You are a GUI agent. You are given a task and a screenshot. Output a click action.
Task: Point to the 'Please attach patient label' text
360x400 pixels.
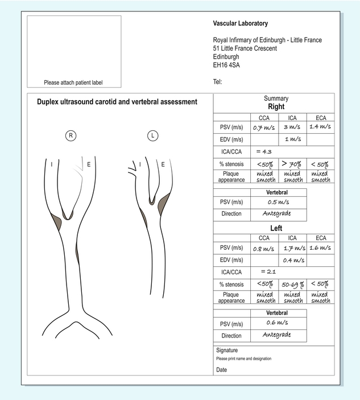coord(73,83)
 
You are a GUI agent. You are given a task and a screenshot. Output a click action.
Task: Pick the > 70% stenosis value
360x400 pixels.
coord(292,164)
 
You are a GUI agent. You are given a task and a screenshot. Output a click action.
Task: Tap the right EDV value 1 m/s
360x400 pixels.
coord(292,139)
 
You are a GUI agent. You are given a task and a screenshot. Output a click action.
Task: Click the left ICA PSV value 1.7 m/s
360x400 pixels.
coord(292,248)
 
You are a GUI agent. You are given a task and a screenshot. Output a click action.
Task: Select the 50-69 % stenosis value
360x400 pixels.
coord(292,284)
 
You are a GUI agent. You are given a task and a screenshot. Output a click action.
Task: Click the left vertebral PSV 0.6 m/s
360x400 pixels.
coord(277,323)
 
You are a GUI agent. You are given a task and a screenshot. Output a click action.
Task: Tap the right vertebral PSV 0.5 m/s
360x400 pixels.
coord(277,201)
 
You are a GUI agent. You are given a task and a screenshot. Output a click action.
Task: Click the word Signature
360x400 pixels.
coord(227,350)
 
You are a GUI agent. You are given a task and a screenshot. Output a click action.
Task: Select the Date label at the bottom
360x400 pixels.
coord(221,370)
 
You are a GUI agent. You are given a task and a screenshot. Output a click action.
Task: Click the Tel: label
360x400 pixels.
coord(217,81)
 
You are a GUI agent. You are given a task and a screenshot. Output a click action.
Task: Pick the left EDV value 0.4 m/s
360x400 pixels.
coord(292,261)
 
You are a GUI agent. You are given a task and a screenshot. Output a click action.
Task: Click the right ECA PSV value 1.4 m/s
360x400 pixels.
coord(320,126)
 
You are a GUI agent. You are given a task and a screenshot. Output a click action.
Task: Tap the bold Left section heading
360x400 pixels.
coord(276,228)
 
